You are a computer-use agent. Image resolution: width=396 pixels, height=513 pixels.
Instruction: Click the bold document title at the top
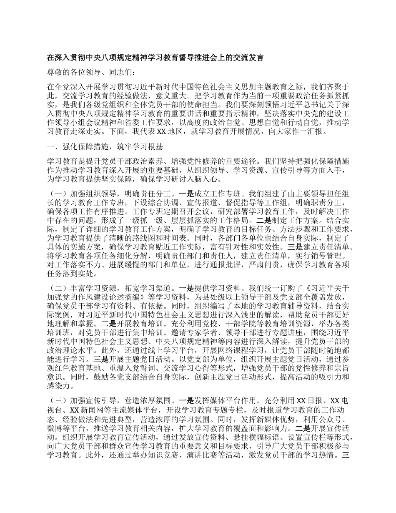(155, 58)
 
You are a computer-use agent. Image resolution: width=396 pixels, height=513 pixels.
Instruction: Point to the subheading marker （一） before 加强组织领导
(58, 194)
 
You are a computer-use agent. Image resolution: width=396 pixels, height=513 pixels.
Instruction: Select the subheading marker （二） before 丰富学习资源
(58, 288)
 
